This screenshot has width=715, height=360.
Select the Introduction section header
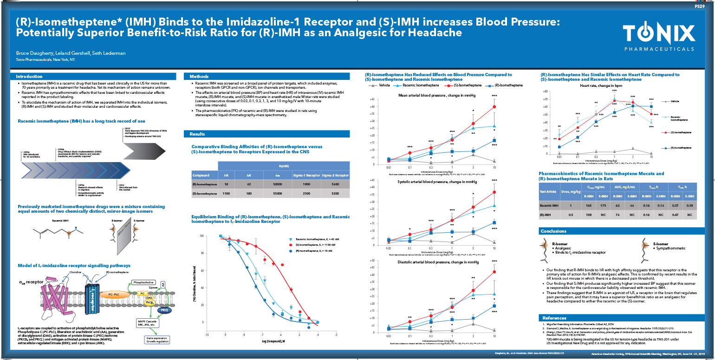(x=30, y=77)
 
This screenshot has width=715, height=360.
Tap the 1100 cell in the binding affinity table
(x=226, y=193)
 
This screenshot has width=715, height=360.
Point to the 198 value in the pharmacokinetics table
(x=589, y=215)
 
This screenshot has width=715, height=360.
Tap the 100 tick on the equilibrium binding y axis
(x=201, y=236)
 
